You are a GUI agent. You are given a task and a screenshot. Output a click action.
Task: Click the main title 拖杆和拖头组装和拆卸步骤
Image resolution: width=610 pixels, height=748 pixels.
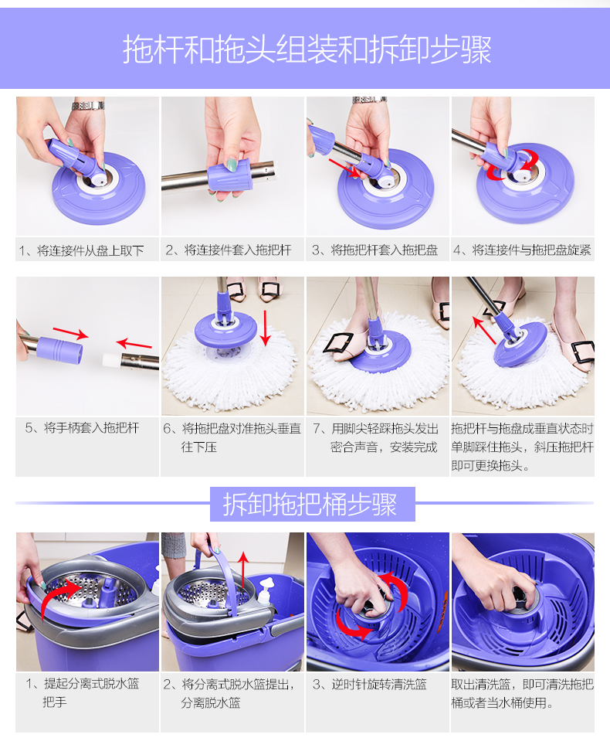coord(307,49)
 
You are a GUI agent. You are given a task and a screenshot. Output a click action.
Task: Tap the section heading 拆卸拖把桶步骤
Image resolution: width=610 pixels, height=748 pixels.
coord(310,504)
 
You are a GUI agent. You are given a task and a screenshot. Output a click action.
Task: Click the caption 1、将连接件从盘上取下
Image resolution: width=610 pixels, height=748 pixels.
coord(82,250)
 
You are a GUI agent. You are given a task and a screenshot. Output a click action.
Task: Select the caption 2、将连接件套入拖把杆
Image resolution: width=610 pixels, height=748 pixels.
coord(229,250)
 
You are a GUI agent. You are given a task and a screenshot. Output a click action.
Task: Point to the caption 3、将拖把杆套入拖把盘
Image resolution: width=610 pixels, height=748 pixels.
coord(374,250)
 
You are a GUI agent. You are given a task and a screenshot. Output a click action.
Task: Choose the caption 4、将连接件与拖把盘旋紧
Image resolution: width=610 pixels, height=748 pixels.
coord(522,250)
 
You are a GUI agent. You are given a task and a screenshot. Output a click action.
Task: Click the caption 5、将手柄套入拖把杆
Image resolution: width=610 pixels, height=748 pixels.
coord(82,427)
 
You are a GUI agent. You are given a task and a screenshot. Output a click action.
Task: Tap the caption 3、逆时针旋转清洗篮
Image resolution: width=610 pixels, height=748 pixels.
coord(370,684)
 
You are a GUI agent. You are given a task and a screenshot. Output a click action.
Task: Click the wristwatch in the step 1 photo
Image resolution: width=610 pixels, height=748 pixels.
coord(88,105)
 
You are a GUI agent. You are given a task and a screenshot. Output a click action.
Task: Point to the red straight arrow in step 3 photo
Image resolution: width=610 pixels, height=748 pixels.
coord(344,168)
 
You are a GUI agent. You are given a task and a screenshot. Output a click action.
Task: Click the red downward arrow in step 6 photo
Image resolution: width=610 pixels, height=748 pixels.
coord(266,328)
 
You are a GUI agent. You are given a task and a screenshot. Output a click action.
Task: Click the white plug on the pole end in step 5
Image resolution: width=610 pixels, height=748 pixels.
coord(112,359)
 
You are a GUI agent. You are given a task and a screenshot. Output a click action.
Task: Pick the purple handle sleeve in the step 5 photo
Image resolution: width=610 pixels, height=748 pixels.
coord(60,350)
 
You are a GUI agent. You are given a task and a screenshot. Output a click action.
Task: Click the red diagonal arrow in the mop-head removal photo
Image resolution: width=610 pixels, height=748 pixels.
coord(485,330)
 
